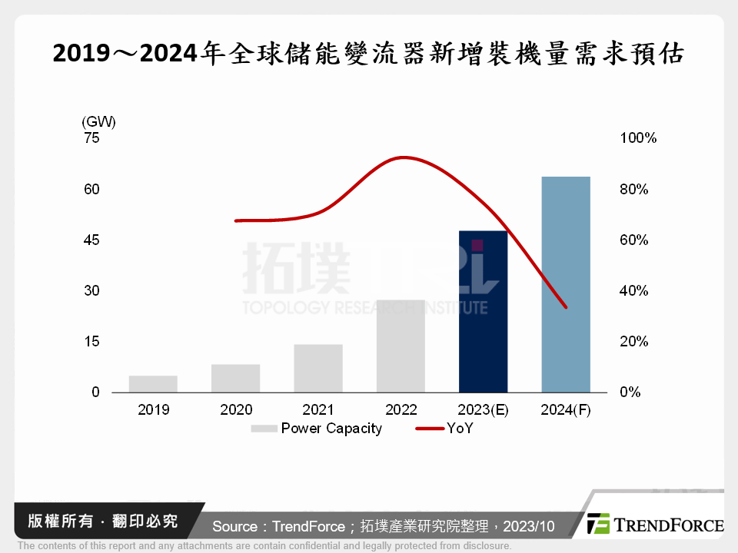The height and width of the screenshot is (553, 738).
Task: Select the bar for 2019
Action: click(x=153, y=383)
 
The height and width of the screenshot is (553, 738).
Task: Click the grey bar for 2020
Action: click(x=236, y=378)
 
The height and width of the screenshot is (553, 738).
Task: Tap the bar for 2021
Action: click(x=318, y=368)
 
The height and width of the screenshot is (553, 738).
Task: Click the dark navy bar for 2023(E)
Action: click(x=483, y=311)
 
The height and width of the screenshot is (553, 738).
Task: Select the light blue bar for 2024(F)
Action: click(x=566, y=284)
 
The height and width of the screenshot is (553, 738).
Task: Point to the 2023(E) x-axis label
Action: click(x=483, y=409)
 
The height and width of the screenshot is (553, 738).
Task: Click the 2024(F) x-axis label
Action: click(x=566, y=409)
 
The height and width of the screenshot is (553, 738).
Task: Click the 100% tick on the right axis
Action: click(x=637, y=138)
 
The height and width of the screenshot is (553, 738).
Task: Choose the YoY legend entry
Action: click(x=460, y=429)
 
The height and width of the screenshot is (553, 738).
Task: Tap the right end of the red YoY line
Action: click(x=566, y=307)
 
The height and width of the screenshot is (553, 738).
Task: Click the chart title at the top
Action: click(x=368, y=55)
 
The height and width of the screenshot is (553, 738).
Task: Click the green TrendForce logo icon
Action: click(x=598, y=525)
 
